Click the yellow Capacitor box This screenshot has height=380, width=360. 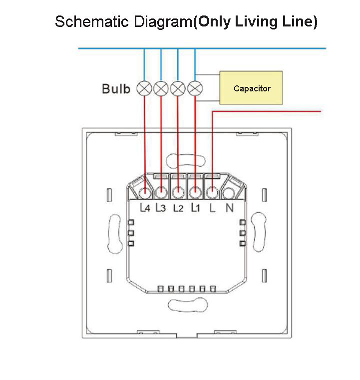[x=252, y=88]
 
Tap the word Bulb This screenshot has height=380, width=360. [x=116, y=89]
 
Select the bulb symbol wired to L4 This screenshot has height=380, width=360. [x=145, y=89]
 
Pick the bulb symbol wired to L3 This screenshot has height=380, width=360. [x=161, y=89]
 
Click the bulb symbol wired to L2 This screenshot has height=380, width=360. [x=178, y=89]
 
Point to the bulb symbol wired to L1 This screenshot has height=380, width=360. [x=195, y=89]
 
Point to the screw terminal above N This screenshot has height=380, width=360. [x=229, y=192]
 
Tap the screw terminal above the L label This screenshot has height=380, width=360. [x=212, y=192]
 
